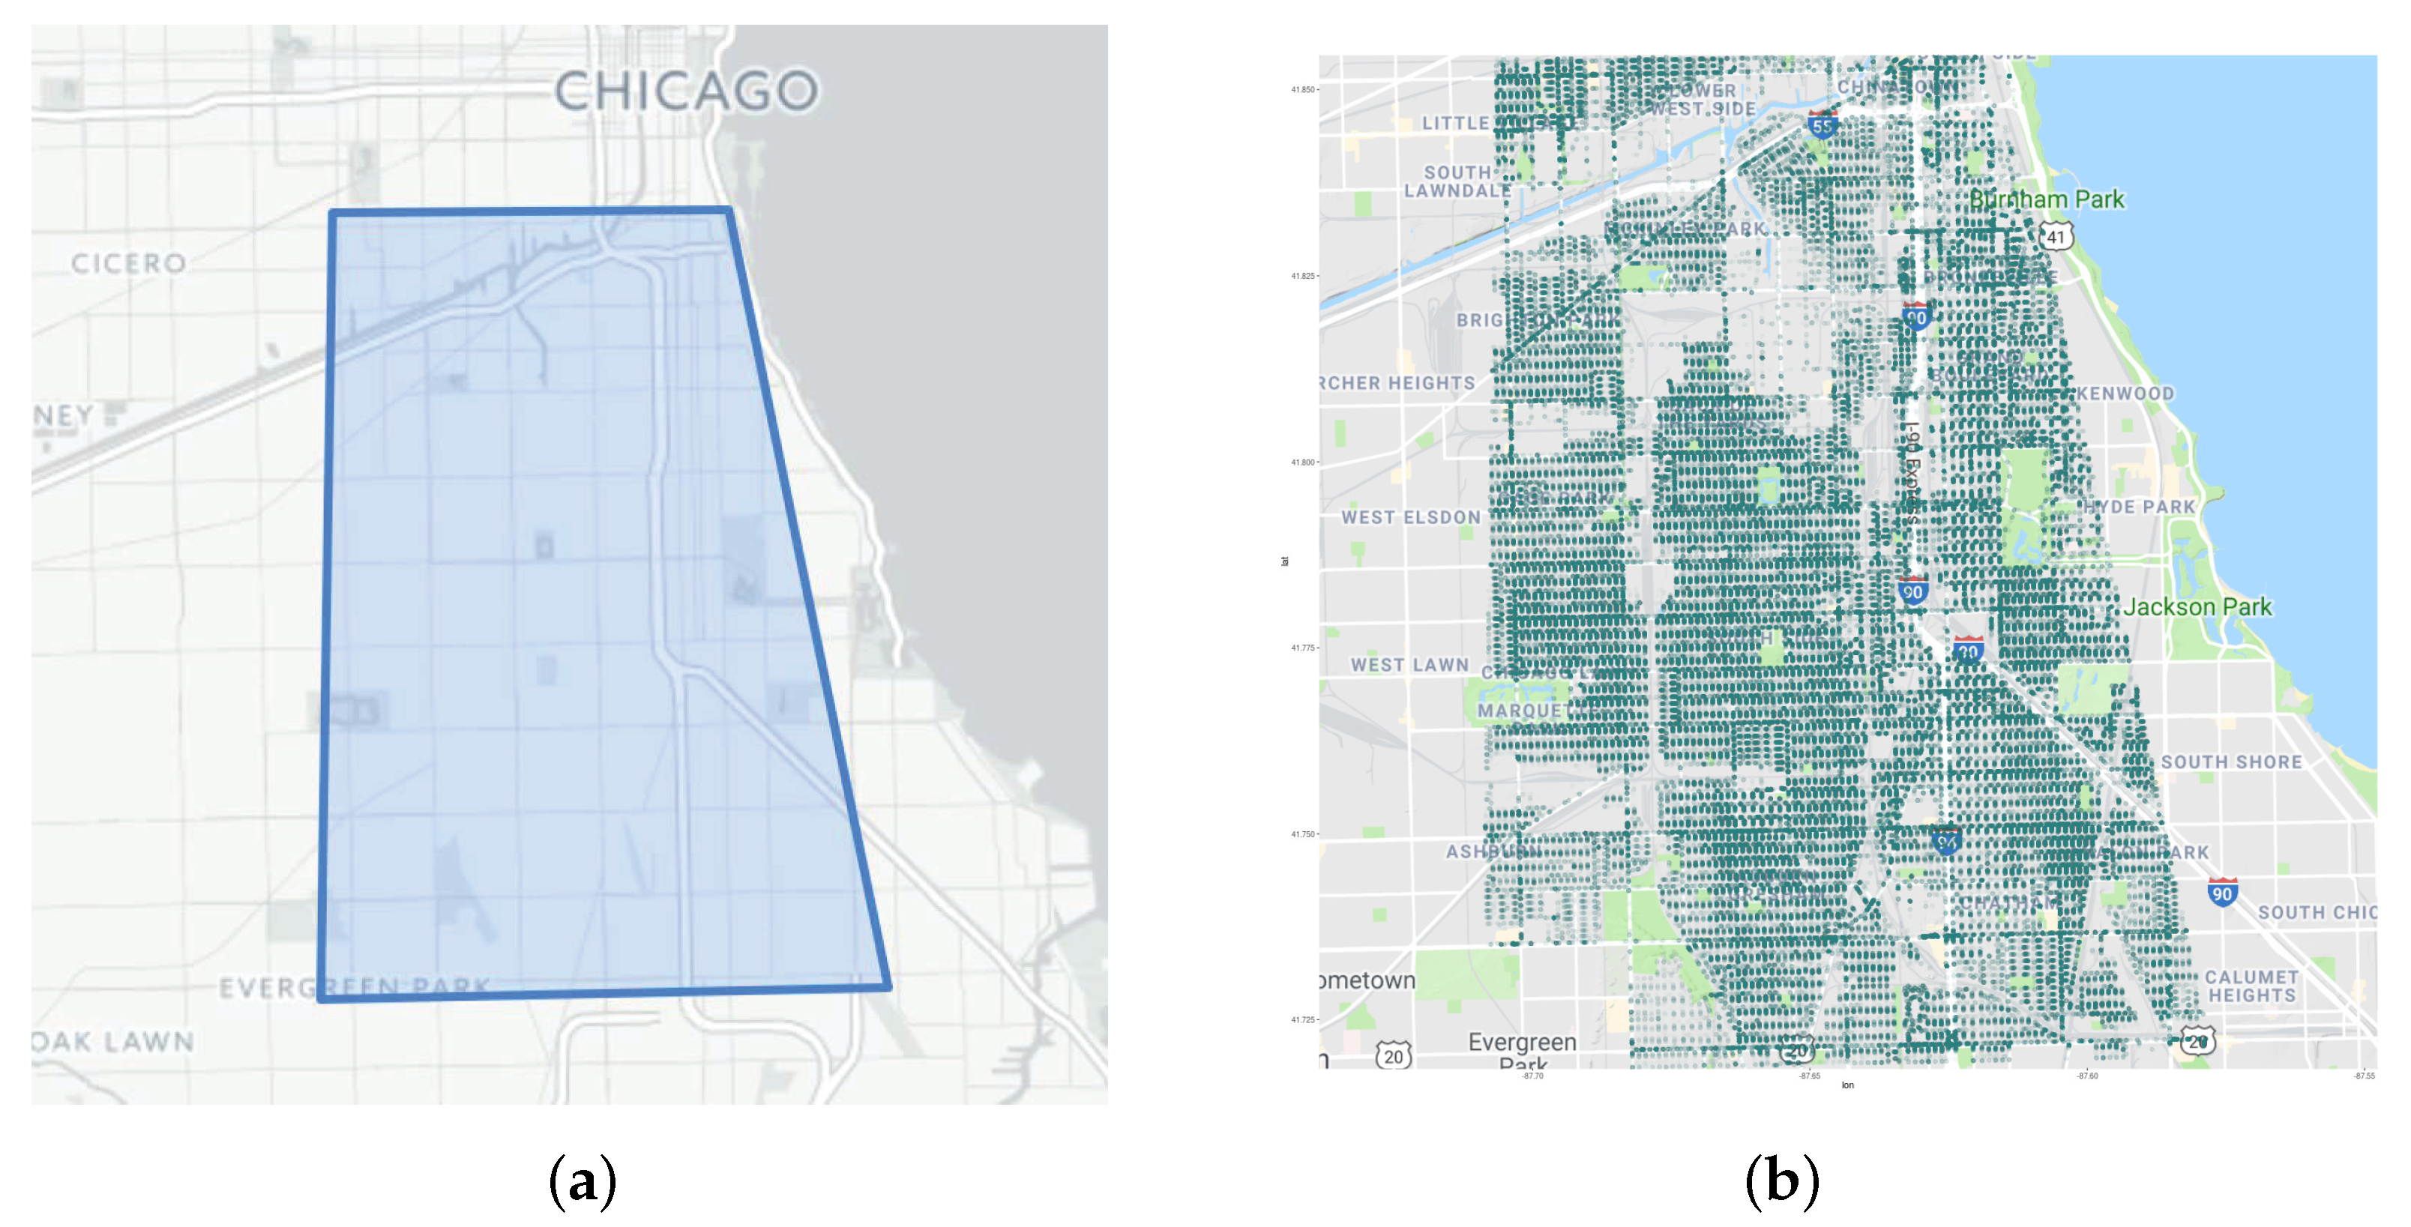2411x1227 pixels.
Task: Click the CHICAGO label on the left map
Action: tap(686, 91)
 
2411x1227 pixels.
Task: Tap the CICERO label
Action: tap(129, 263)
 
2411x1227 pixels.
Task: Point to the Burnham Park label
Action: tap(2046, 199)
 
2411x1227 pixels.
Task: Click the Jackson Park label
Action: tap(2197, 606)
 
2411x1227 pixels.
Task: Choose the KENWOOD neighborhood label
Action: tap(2125, 393)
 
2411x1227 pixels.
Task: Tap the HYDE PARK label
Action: tap(2140, 507)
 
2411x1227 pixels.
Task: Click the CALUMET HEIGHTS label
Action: tap(2252, 986)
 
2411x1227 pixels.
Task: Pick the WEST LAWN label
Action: tap(1409, 665)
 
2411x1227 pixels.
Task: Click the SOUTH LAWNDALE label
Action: tap(1457, 181)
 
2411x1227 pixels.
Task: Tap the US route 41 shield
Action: tap(2056, 236)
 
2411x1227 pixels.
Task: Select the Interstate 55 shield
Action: tap(1821, 124)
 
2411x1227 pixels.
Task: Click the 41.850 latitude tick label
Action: tap(1302, 90)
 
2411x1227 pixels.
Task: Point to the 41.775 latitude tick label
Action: tap(1302, 648)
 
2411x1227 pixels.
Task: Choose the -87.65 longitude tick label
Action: tap(1809, 1076)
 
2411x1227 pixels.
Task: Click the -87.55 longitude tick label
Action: tap(2365, 1076)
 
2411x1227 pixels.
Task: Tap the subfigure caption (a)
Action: tap(583, 1181)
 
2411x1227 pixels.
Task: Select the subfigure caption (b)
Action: tap(1782, 1181)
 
